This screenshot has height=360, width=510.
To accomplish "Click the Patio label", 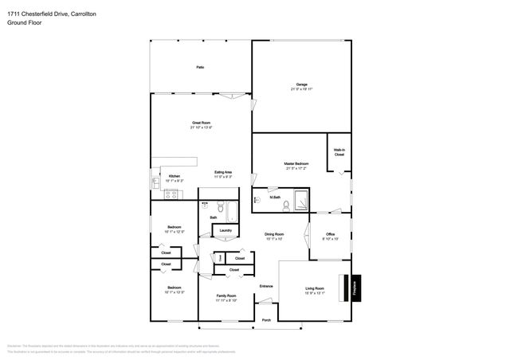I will [200, 68].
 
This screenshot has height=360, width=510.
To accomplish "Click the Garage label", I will [302, 84].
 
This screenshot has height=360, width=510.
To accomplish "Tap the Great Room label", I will [201, 123].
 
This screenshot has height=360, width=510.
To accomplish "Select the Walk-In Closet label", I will [339, 152].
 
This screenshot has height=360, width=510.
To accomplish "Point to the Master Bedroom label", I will [296, 166].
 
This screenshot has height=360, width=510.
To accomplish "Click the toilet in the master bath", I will [258, 199].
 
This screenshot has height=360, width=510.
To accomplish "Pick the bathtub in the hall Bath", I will [230, 213].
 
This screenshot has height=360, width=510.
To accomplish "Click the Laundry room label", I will [226, 231].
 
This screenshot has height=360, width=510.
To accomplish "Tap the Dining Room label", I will [274, 237].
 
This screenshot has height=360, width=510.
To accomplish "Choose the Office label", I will [330, 236].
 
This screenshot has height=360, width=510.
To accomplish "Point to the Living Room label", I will [315, 290].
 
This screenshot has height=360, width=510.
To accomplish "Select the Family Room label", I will [226, 298].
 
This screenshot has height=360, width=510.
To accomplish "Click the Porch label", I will [266, 320].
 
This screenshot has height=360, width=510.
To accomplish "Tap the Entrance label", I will [266, 286].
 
